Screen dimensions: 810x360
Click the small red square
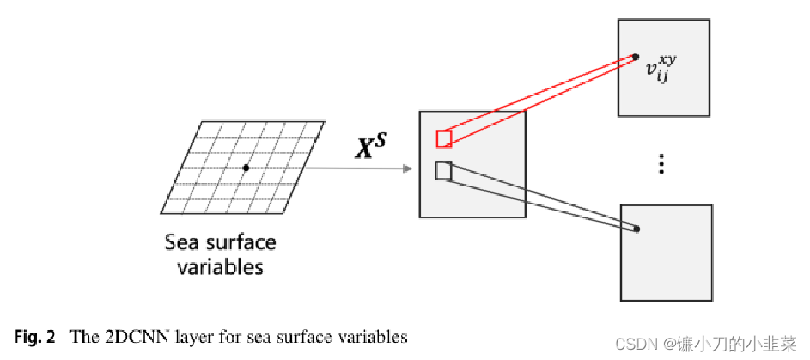[x=444, y=139]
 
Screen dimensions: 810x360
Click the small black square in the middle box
[x=444, y=170]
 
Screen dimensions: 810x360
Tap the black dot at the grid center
[x=246, y=168]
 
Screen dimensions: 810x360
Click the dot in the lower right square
[x=637, y=229]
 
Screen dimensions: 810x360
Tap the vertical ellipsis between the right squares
[x=661, y=164]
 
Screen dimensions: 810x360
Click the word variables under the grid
[x=219, y=267]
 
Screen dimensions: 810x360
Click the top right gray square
[x=663, y=67]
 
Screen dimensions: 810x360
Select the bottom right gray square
[x=666, y=252]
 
